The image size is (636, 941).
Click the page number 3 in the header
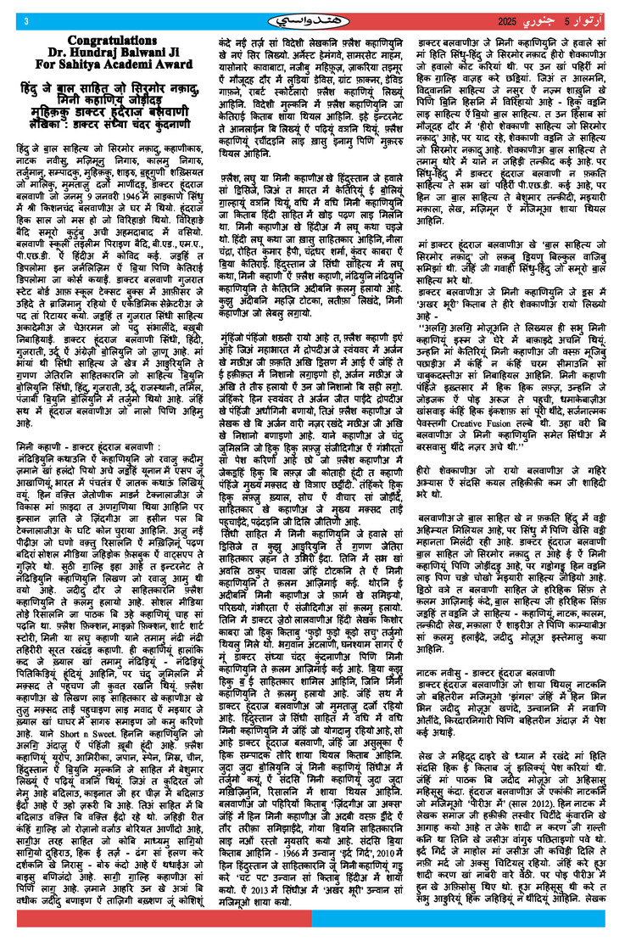[26, 20]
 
